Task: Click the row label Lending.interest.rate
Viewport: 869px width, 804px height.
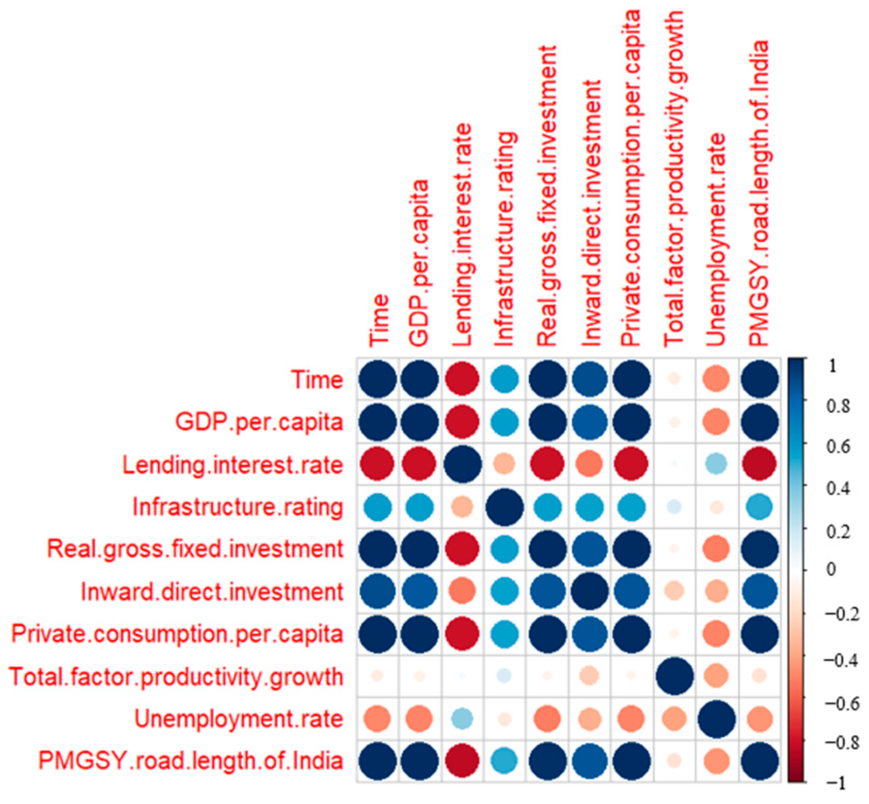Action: tap(232, 465)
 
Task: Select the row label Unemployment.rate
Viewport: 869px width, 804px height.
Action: tap(238, 718)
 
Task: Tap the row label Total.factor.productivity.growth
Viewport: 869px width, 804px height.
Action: tap(176, 676)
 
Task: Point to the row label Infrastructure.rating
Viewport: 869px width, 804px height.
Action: tap(237, 507)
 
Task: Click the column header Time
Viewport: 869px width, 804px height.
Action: tap(378, 320)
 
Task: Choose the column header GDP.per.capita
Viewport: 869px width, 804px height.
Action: tap(419, 263)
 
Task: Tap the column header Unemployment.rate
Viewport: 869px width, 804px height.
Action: tap(716, 239)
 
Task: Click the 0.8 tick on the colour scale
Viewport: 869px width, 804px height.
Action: tap(838, 407)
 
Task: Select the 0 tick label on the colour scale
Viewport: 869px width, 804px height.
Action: tap(831, 569)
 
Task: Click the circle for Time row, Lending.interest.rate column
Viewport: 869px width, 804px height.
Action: tap(462, 379)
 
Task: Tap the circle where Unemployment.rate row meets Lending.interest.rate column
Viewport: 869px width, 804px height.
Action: tap(462, 718)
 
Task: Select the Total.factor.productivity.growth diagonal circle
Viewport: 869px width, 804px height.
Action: tap(674, 676)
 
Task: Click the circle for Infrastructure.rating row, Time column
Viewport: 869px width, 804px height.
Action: tap(378, 507)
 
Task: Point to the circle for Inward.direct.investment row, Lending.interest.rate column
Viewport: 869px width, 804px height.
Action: tap(462, 591)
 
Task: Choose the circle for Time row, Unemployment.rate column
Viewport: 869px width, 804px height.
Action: tap(716, 379)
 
